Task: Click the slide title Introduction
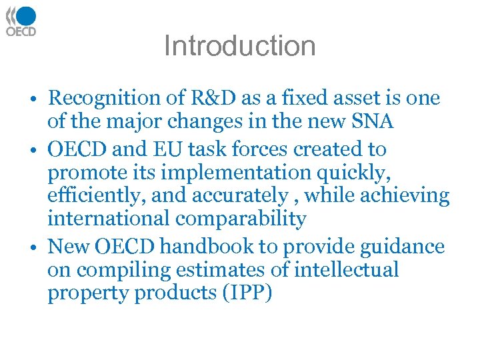(239, 46)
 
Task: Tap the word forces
(291, 149)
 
